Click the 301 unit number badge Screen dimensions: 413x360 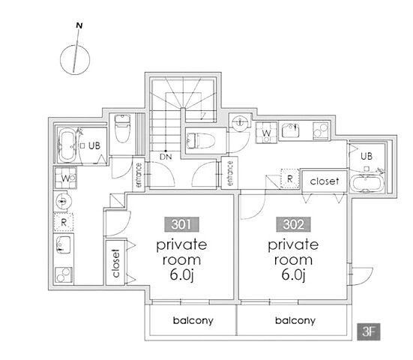[x=181, y=224]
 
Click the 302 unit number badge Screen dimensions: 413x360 [x=293, y=224]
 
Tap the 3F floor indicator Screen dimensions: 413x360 [x=369, y=331]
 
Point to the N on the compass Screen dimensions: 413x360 [x=79, y=25]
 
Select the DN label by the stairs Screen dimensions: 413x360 [x=166, y=157]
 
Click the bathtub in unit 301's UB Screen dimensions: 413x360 [x=67, y=145]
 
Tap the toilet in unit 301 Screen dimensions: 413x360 [x=122, y=128]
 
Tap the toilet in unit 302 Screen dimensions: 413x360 [x=201, y=140]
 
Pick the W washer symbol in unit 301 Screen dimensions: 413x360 [x=65, y=178]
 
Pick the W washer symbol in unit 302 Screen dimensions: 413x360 [x=266, y=133]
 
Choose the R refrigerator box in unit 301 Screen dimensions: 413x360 [x=64, y=222]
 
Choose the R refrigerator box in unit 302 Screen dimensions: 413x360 [x=290, y=179]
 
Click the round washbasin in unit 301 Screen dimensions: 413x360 [x=64, y=202]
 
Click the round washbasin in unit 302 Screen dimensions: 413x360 [x=240, y=122]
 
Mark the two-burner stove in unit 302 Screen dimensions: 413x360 [x=321, y=130]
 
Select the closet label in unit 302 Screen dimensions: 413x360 [x=325, y=181]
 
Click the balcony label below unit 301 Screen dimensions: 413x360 [x=193, y=321]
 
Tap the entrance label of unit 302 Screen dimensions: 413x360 [x=230, y=173]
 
